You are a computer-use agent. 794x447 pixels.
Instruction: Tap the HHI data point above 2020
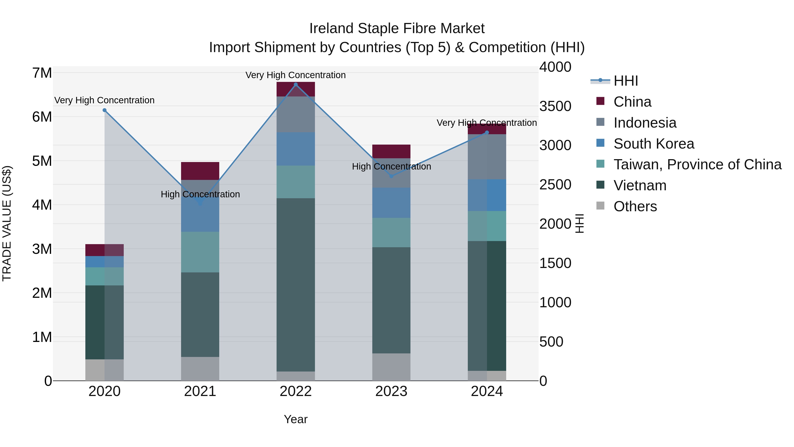point(105,110)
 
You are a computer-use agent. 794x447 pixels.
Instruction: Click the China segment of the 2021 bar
point(200,171)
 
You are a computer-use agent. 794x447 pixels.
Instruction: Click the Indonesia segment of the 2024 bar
point(487,157)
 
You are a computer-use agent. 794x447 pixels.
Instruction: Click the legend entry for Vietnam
point(640,185)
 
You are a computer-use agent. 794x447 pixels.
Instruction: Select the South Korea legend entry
point(654,144)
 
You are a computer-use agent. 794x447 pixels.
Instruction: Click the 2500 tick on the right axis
point(555,185)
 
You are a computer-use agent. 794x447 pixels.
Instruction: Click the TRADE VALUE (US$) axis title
point(7,223)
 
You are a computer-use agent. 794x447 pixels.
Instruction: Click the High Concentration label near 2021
point(200,194)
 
